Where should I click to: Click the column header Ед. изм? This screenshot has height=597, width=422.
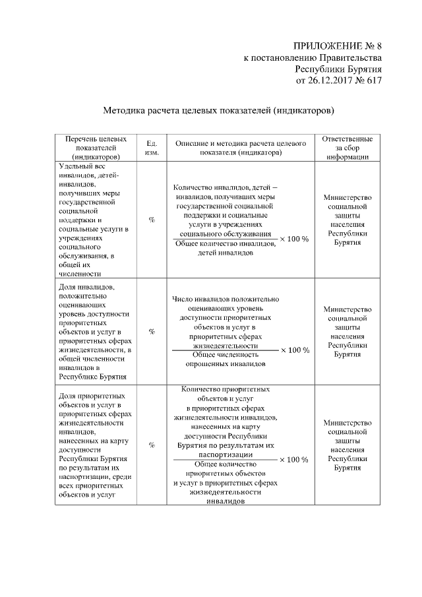151,147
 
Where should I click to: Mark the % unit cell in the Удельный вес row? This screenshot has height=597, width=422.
151,220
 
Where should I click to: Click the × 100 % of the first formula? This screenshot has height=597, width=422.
293,239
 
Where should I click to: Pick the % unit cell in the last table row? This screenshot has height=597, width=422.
151,445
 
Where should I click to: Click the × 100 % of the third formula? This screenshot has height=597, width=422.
293,460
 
